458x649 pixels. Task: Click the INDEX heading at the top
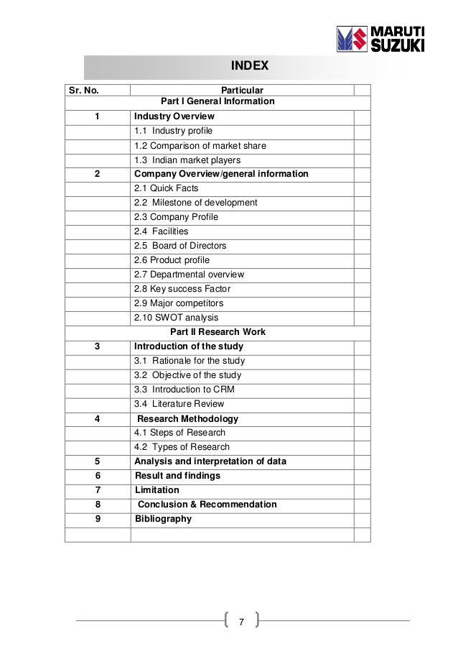248,67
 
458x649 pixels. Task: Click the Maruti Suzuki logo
380,40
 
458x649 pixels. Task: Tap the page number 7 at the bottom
241,621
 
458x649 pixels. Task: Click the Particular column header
242,91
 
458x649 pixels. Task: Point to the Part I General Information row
218,102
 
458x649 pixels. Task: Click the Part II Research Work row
218,332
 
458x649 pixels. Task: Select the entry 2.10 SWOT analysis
177,318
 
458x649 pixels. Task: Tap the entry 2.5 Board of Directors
179,246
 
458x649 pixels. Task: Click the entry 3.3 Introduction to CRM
184,390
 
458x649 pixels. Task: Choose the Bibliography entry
163,519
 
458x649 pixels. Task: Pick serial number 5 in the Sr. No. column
97,461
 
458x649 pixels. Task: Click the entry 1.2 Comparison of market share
200,145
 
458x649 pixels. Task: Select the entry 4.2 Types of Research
182,447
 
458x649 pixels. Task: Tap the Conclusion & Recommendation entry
207,505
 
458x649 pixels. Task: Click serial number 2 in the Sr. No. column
97,174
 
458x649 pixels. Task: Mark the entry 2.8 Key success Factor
182,289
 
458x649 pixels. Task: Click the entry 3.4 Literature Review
179,404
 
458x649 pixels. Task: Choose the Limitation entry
157,490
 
